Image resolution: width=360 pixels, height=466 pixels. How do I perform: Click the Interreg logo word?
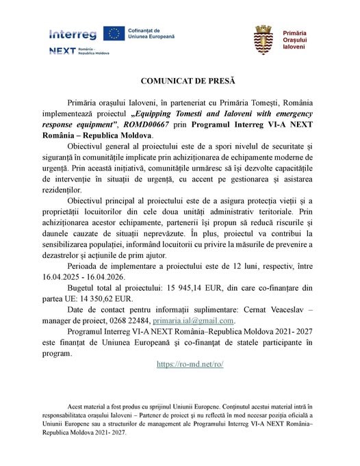73,34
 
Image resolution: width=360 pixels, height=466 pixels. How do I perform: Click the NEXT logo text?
62,51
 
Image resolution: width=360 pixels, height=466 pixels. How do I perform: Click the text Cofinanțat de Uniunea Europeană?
152,34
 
